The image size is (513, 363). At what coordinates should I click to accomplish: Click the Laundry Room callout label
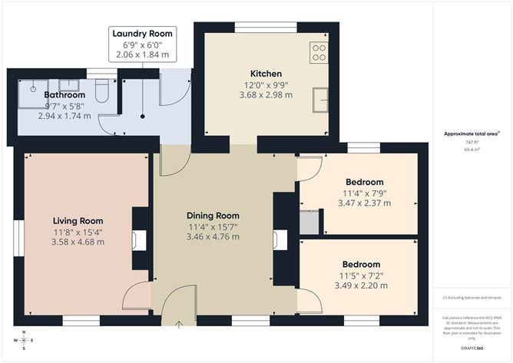point(143,34)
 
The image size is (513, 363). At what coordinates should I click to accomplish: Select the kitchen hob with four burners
point(319,52)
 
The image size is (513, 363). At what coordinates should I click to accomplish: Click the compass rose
point(25,338)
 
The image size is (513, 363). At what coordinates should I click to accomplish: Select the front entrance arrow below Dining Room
point(179,325)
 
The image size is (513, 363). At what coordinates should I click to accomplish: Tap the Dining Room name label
point(213,216)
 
